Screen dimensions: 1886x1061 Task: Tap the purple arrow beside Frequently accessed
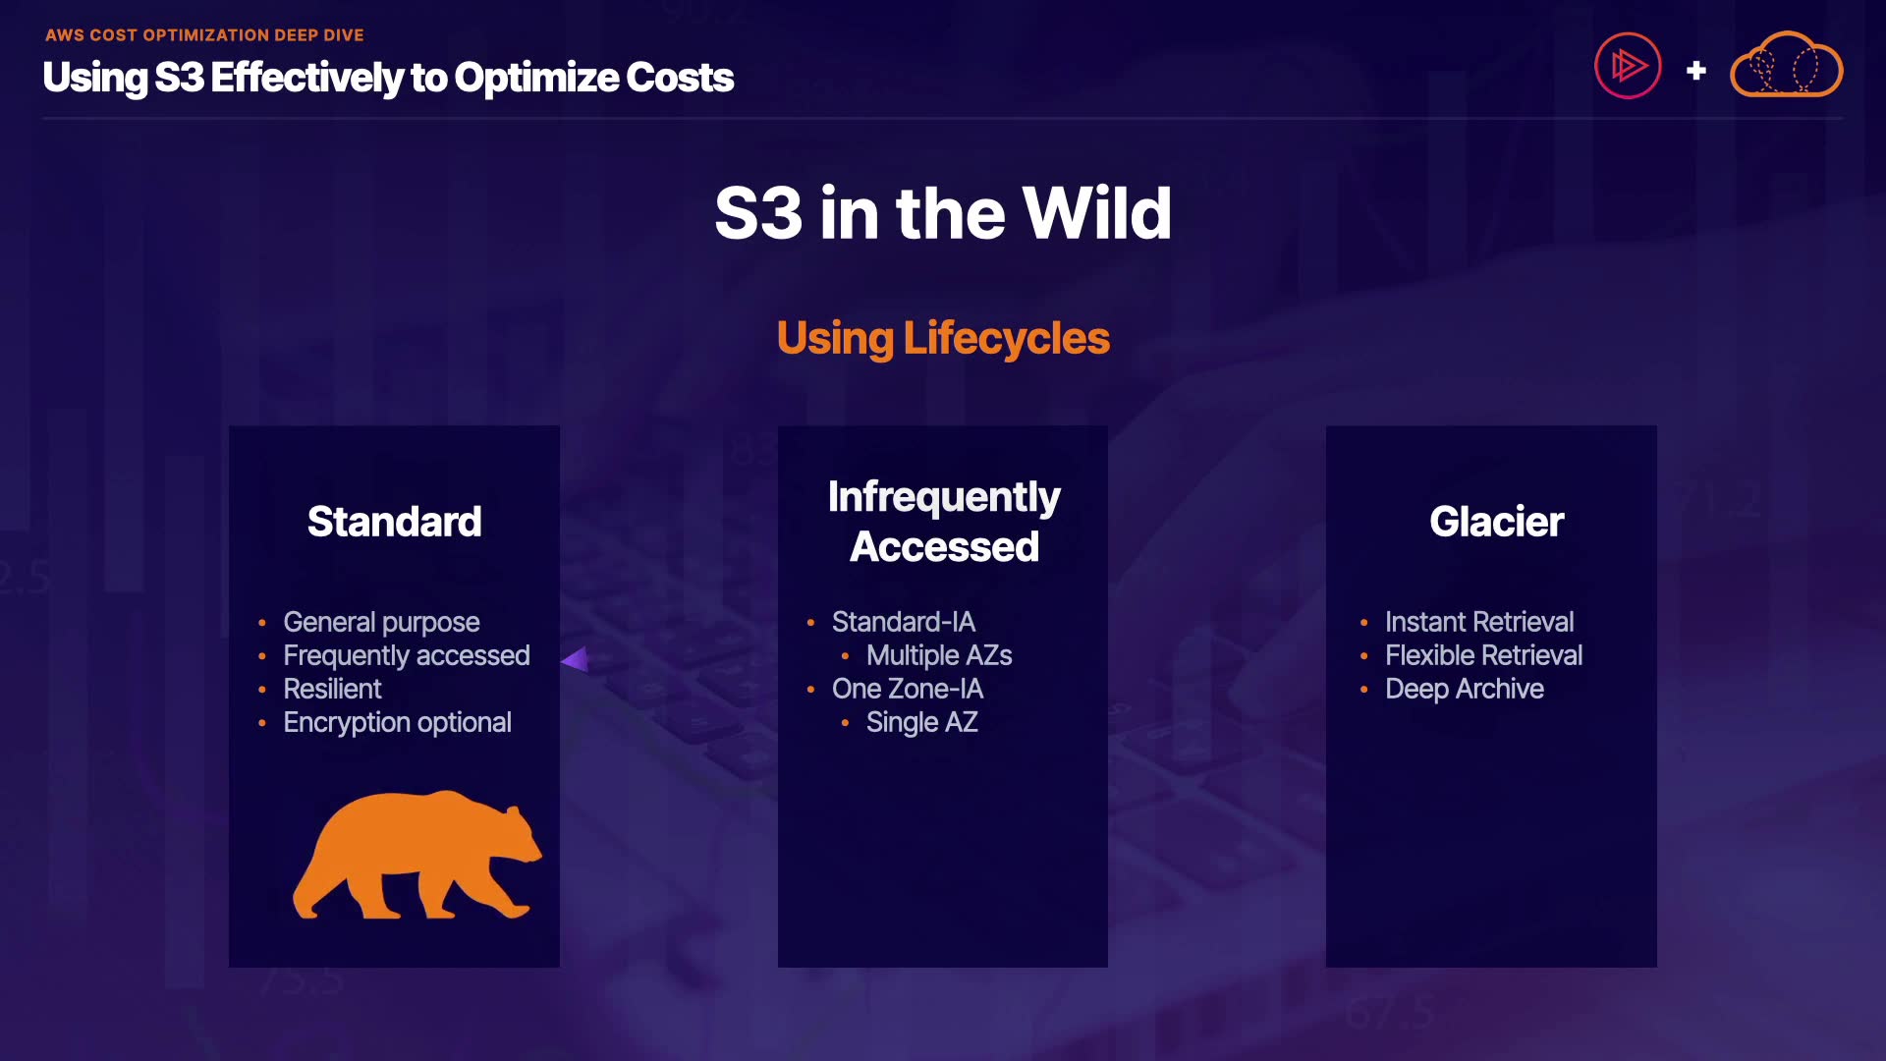[576, 659]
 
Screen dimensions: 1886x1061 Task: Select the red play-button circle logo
[1628, 66]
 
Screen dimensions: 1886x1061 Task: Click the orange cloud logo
[1786, 65]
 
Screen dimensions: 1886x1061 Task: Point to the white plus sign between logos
[1695, 71]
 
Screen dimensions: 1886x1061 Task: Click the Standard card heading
[394, 522]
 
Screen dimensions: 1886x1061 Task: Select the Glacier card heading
[1496, 522]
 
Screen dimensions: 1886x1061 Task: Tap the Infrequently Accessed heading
[944, 522]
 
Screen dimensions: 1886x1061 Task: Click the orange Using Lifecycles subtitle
[943, 339]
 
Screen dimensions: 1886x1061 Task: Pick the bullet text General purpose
[381, 623]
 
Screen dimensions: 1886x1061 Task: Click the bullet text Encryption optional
[397, 723]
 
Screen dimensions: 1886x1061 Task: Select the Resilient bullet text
[332, 689]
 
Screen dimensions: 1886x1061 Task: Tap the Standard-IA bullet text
[903, 622]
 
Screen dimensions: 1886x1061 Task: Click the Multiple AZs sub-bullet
[938, 655]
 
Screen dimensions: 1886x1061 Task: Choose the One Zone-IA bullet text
[907, 689]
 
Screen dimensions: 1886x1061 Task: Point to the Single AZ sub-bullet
[921, 723]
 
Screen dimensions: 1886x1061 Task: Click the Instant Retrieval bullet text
[1479, 622]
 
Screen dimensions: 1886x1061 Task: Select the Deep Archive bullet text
[1464, 690]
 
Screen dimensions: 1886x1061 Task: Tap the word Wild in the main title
[1097, 213]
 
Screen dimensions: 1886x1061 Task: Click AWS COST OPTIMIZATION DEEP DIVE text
[204, 35]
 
